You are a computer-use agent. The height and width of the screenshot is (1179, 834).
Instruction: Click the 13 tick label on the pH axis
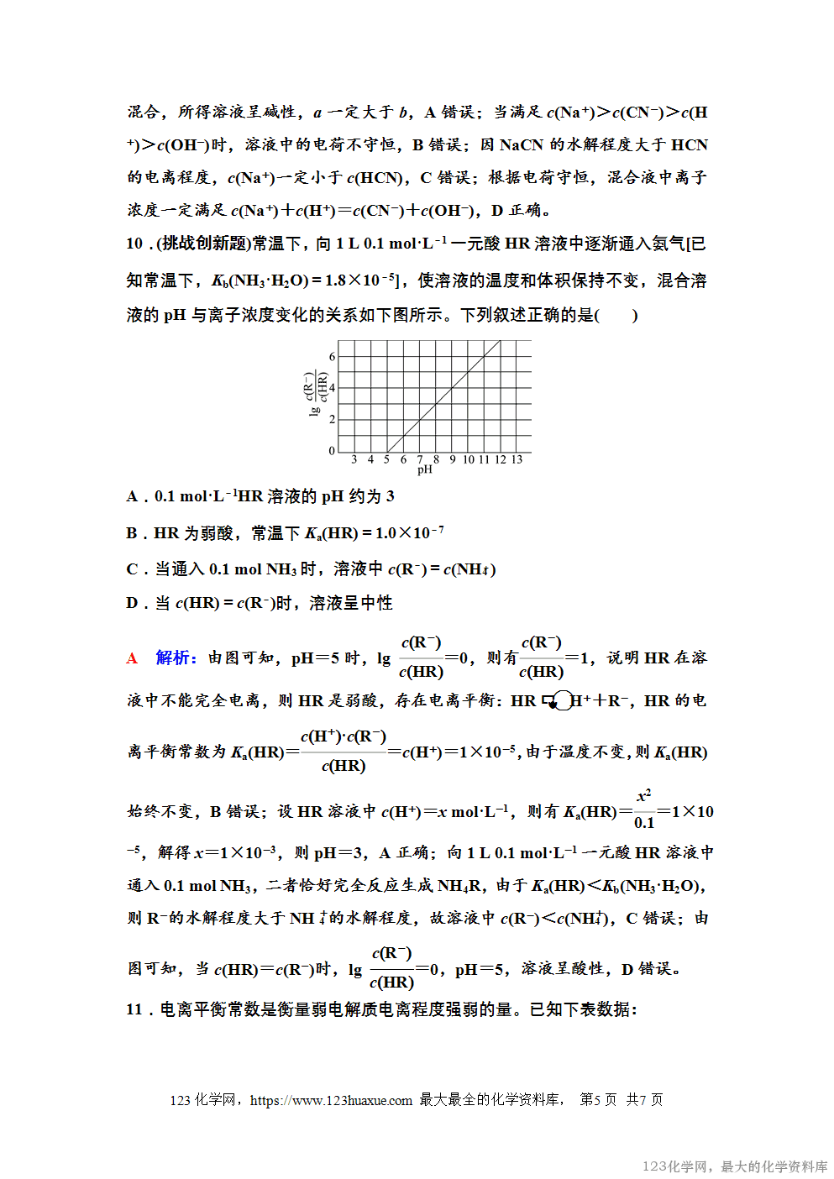(517, 459)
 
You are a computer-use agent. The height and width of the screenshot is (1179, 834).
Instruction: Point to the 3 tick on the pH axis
(354, 459)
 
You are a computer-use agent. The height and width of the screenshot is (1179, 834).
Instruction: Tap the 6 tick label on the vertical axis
(332, 356)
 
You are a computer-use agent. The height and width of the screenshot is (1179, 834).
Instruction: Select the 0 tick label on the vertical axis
(332, 451)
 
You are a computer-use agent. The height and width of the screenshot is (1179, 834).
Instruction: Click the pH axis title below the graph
(425, 469)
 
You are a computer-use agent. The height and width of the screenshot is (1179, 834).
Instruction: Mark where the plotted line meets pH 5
(386, 450)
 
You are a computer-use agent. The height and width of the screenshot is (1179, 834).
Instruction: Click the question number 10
(134, 244)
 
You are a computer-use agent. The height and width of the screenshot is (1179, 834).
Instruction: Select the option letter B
(132, 533)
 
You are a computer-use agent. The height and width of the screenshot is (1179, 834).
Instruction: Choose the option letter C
(132, 569)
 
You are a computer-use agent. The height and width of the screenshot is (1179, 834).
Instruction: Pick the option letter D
(132, 603)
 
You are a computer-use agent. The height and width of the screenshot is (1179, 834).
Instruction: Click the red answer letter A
(132, 658)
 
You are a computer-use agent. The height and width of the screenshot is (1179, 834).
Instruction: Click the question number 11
(134, 1009)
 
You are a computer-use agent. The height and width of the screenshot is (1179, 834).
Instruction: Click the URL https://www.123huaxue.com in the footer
(331, 1100)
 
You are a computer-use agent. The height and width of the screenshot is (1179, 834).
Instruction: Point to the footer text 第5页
(598, 1100)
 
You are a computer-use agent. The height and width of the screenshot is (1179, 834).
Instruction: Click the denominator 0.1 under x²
(644, 823)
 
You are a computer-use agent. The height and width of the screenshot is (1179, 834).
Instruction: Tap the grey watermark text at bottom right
(735, 1166)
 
